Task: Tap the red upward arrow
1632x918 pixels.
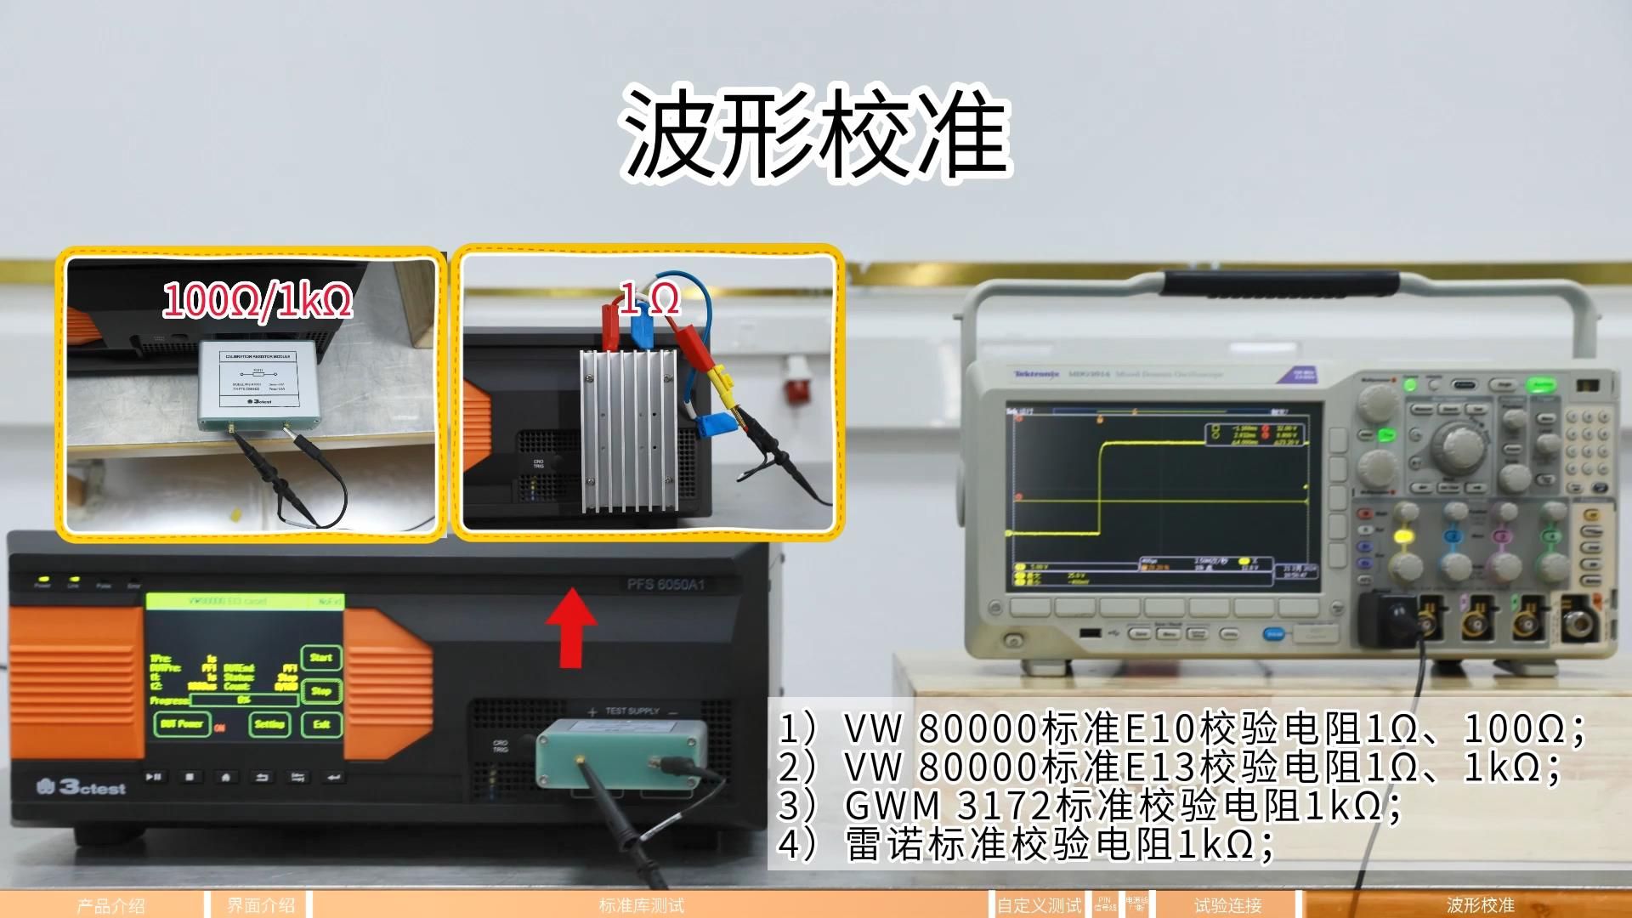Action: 570,629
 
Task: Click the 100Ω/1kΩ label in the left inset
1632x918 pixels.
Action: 257,301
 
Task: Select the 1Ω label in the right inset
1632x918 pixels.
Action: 650,299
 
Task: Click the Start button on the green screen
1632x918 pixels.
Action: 321,657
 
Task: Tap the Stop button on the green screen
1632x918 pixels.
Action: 321,690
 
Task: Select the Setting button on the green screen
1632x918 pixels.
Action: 269,724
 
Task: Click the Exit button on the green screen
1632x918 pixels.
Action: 321,724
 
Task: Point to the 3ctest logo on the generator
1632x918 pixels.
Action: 82,788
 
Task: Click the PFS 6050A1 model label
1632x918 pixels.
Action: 665,585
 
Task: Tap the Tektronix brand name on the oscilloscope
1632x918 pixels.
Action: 1036,374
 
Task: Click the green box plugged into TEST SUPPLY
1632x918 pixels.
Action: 622,752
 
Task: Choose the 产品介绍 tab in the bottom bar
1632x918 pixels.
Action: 110,905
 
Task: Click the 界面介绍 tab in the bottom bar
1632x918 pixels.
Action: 260,905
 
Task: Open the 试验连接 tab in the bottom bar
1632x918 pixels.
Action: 1227,905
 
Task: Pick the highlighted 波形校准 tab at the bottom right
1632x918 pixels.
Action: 1480,905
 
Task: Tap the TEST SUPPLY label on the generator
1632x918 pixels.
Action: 632,711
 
